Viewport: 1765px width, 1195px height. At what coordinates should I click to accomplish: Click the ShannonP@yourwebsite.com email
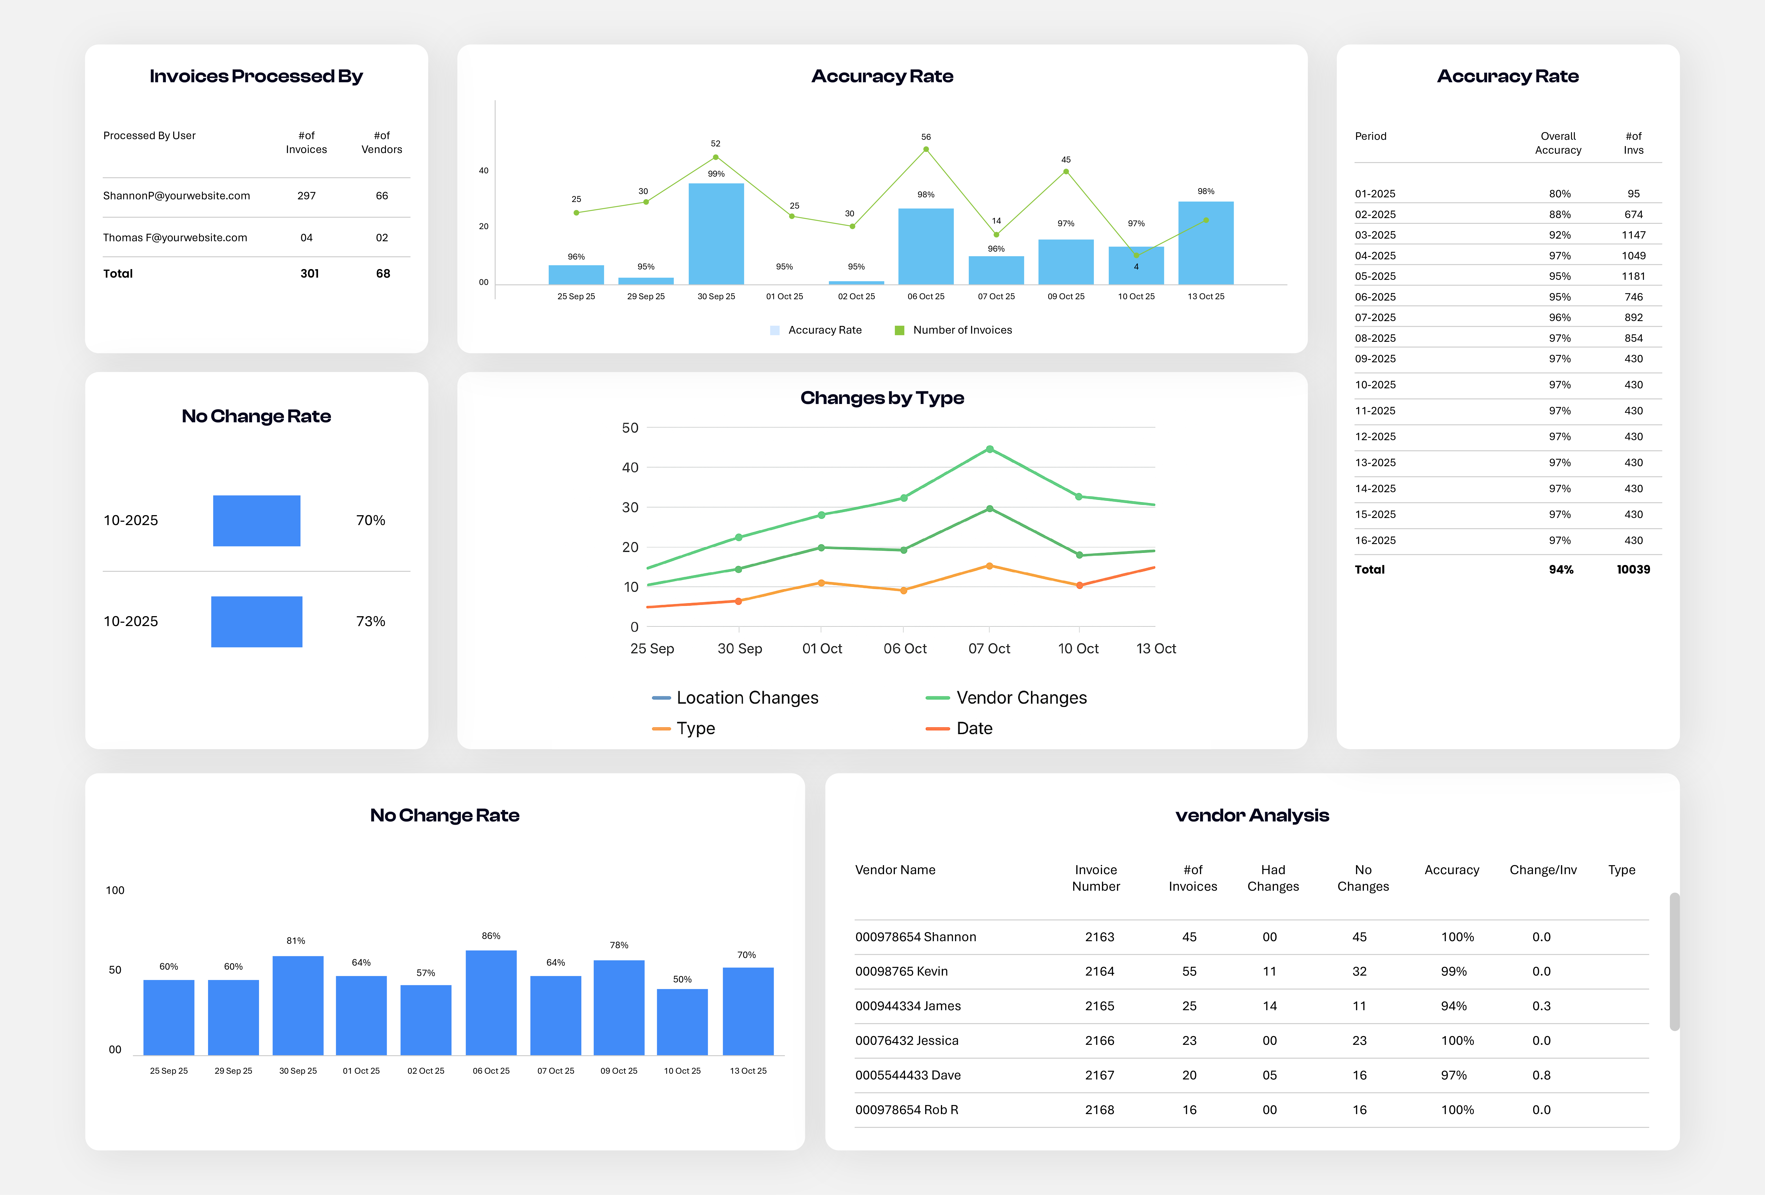point(176,196)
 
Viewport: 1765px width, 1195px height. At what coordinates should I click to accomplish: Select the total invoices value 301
point(309,273)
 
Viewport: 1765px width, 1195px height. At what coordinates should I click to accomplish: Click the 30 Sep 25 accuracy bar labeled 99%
point(715,234)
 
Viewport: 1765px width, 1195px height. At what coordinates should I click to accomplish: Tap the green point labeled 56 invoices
point(926,150)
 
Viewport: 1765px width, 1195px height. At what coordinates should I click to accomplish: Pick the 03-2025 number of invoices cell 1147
point(1633,235)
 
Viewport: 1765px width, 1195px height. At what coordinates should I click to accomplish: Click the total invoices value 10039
point(1633,569)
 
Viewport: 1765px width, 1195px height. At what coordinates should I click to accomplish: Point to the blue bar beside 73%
point(257,622)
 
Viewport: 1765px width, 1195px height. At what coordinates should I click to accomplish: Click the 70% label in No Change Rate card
point(371,520)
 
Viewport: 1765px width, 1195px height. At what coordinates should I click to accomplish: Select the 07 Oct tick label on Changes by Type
point(989,648)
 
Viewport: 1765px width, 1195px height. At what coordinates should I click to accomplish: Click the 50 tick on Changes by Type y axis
point(630,428)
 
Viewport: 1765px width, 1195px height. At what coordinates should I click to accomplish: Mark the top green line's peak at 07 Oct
point(989,449)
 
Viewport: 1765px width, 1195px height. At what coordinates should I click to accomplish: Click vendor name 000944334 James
point(908,1006)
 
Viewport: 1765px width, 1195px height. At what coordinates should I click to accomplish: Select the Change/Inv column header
point(1542,870)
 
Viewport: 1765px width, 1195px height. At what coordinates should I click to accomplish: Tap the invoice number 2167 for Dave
point(1099,1075)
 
